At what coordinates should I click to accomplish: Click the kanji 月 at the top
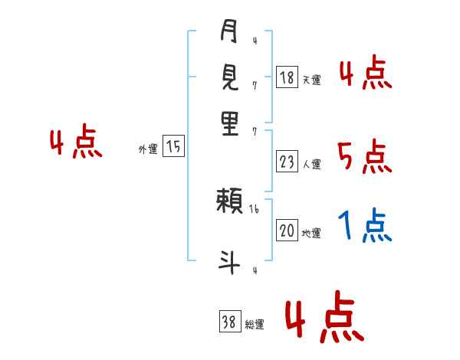229,34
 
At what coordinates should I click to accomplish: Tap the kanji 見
229,78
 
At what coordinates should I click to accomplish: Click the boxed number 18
287,77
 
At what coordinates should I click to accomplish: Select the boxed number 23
287,162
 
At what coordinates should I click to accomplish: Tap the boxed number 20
287,231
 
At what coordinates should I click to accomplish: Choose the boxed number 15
174,147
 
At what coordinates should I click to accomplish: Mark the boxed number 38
229,322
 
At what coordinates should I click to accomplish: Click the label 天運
311,80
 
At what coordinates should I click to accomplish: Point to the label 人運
311,164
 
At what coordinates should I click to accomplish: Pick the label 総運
255,325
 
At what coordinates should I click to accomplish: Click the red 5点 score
364,157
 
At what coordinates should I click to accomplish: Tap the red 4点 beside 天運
365,74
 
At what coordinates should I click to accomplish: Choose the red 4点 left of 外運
75,143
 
